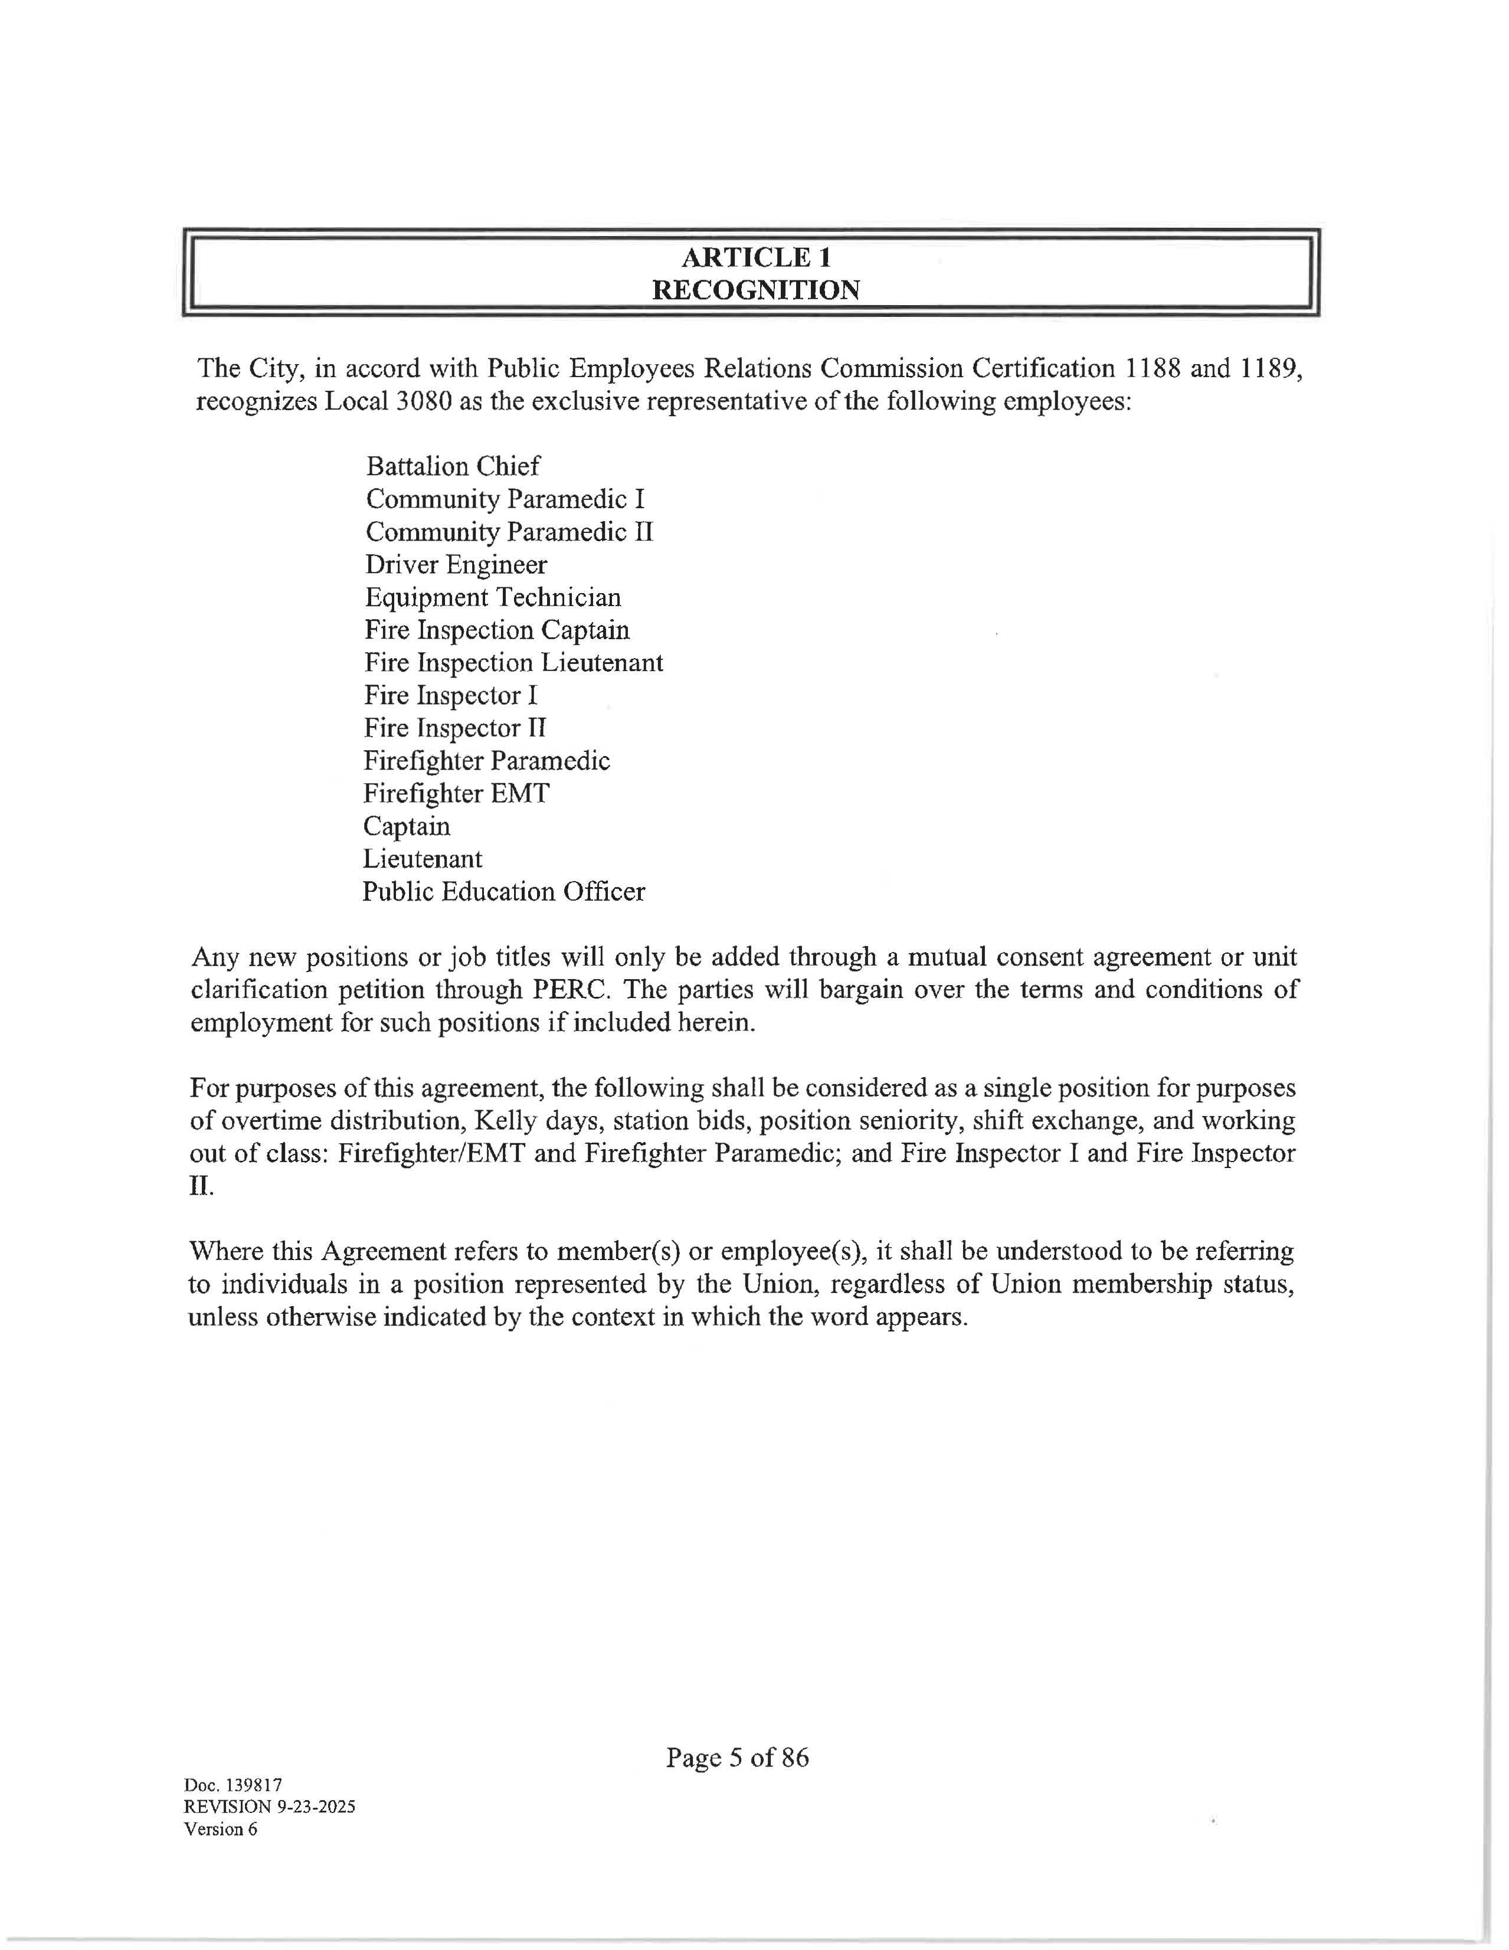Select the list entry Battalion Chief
pyautogui.click(x=453, y=466)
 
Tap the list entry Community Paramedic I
pyautogui.click(x=505, y=499)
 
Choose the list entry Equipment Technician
pyautogui.click(x=493, y=597)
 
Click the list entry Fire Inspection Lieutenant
pyautogui.click(x=513, y=663)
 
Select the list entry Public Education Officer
pyautogui.click(x=503, y=891)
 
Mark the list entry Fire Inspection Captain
pyautogui.click(x=497, y=630)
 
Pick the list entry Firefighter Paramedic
pyautogui.click(x=487, y=761)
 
